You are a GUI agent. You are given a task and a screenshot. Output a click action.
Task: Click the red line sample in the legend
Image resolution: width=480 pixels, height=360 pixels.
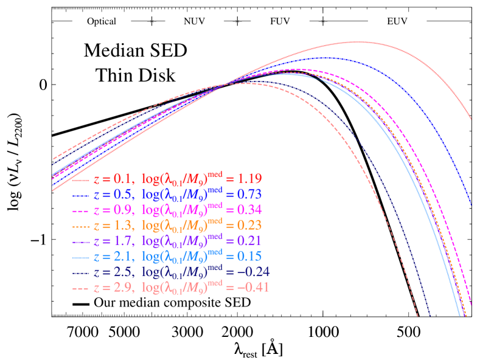[82, 180]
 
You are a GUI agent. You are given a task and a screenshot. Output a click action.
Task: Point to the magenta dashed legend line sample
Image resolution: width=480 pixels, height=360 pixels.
[82, 211]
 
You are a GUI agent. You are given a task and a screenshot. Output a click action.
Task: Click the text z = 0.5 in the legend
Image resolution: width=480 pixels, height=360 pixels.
[113, 195]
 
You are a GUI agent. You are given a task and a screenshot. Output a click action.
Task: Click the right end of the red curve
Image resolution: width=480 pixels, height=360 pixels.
[471, 119]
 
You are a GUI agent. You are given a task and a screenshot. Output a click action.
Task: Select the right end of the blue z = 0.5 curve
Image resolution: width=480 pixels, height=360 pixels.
[471, 205]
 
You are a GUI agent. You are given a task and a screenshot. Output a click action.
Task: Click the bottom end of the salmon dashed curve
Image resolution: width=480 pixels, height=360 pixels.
[417, 316]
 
